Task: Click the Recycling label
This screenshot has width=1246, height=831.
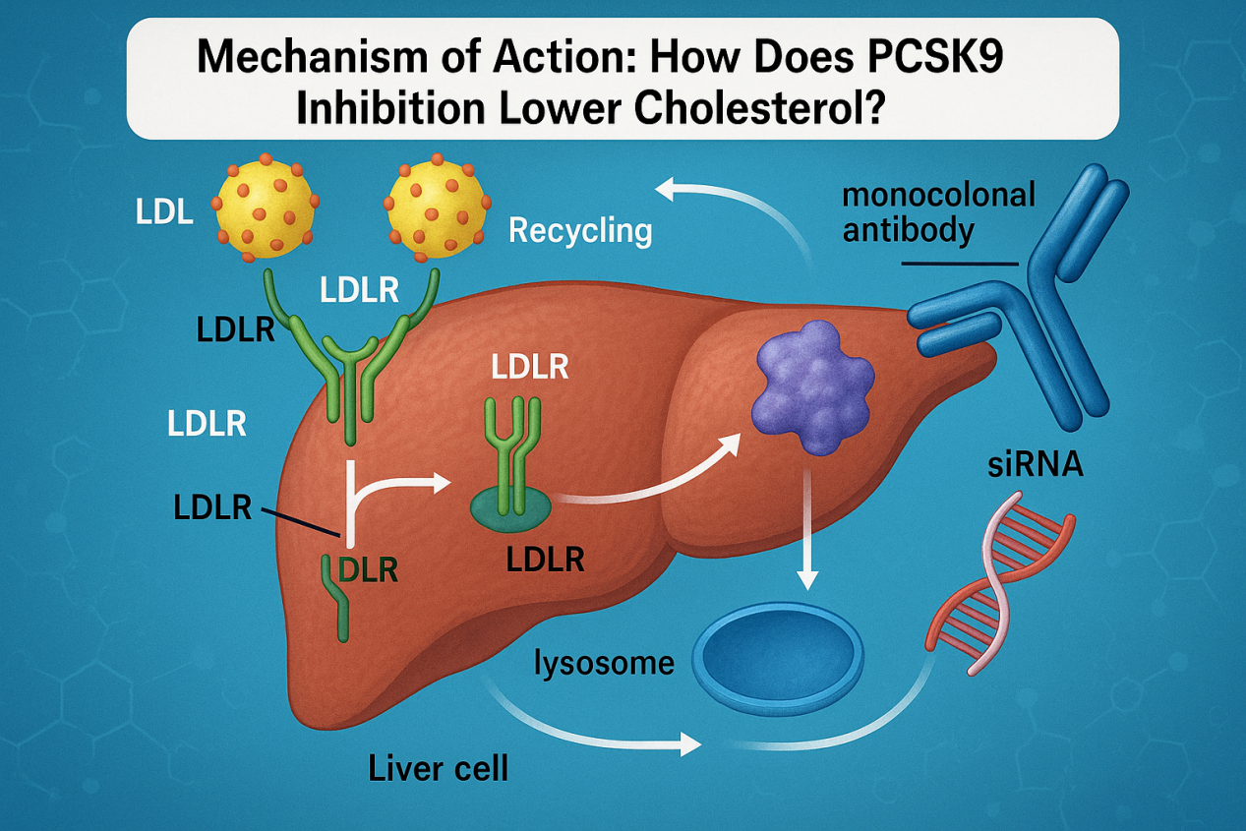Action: (x=580, y=231)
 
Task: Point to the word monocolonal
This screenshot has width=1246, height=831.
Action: (x=939, y=195)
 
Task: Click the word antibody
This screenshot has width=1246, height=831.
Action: (x=909, y=231)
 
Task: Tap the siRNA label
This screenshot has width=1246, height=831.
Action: (x=1035, y=463)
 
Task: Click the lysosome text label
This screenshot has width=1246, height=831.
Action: (x=604, y=663)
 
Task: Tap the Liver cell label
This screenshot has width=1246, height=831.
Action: (x=439, y=767)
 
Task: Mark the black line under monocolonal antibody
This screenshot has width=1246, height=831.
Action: (x=959, y=263)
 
